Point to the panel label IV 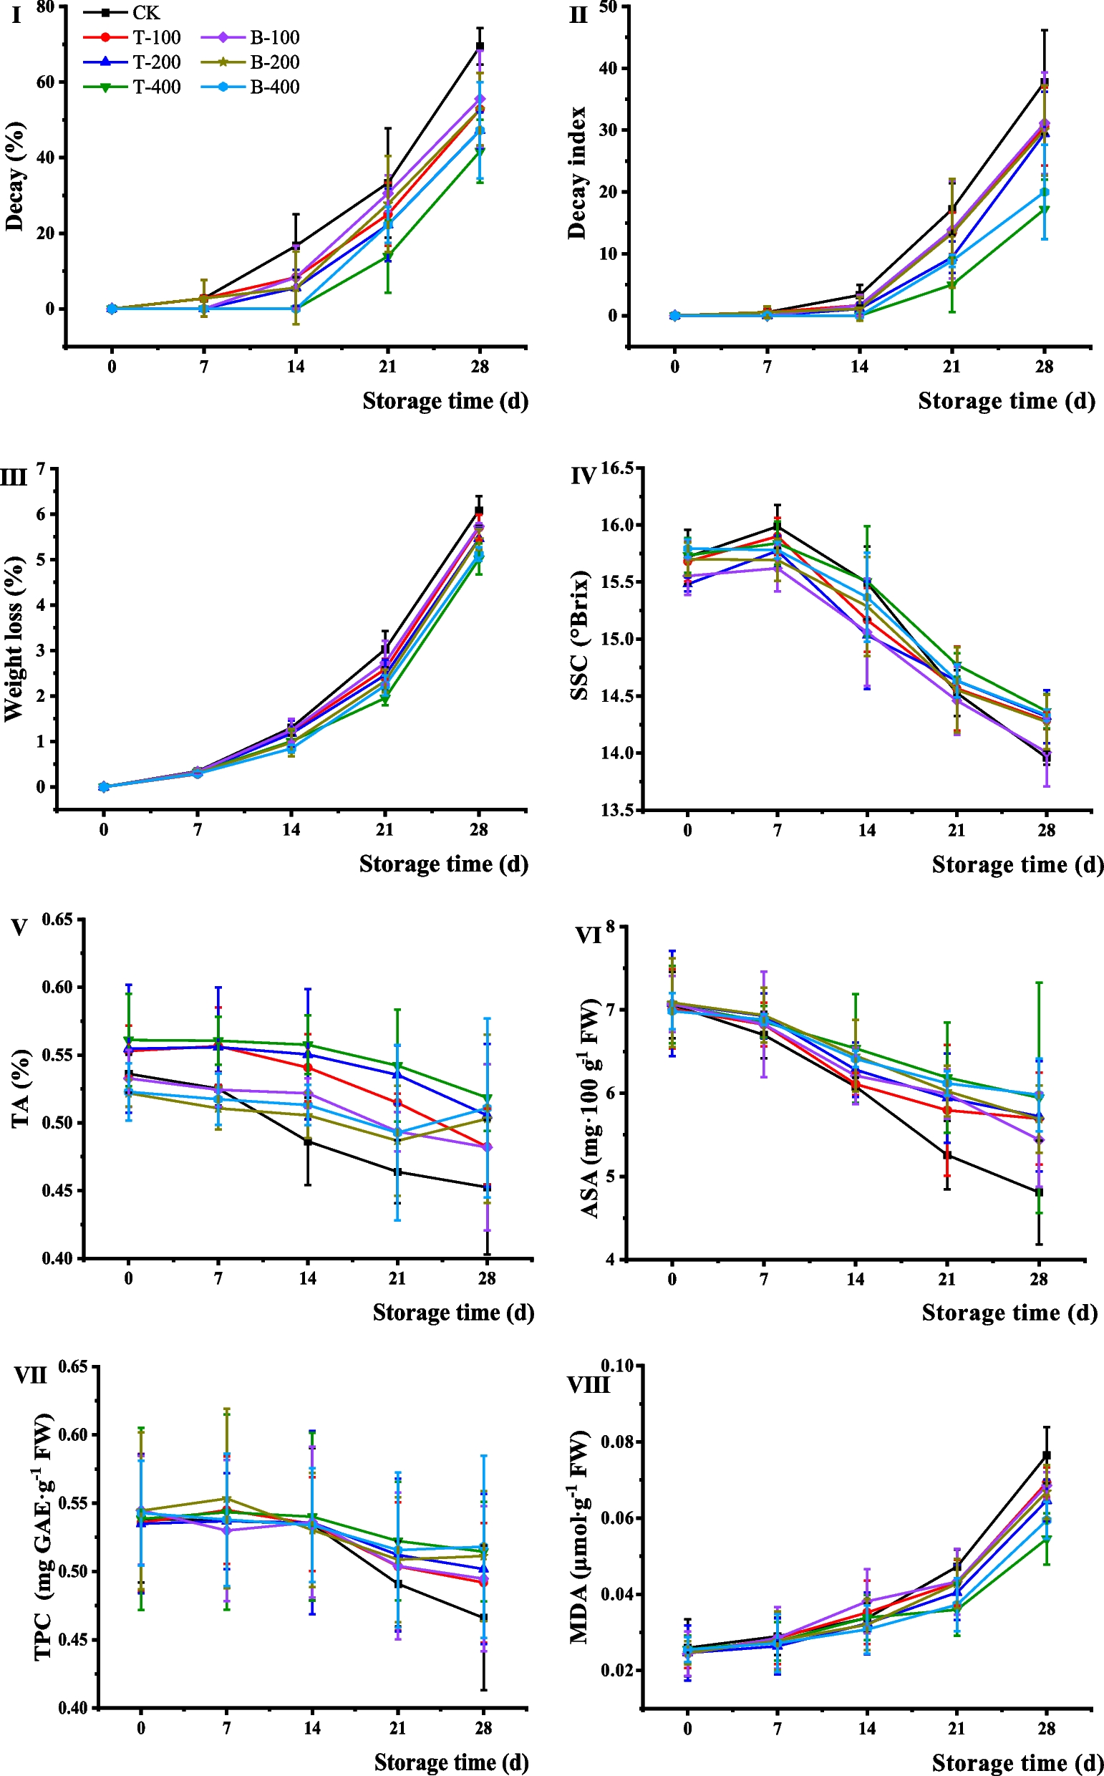click(584, 477)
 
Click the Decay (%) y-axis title click(14, 176)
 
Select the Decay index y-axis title click(577, 173)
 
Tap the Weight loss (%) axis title click(13, 639)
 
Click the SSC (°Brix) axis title click(579, 635)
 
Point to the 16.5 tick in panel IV click(617, 468)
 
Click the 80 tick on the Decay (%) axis click(45, 7)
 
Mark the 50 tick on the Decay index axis click(608, 7)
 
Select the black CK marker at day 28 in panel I click(480, 47)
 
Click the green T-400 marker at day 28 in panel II click(1044, 210)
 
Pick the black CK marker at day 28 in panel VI click(1039, 1192)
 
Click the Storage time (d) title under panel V click(453, 1312)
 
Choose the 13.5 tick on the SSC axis click(617, 810)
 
